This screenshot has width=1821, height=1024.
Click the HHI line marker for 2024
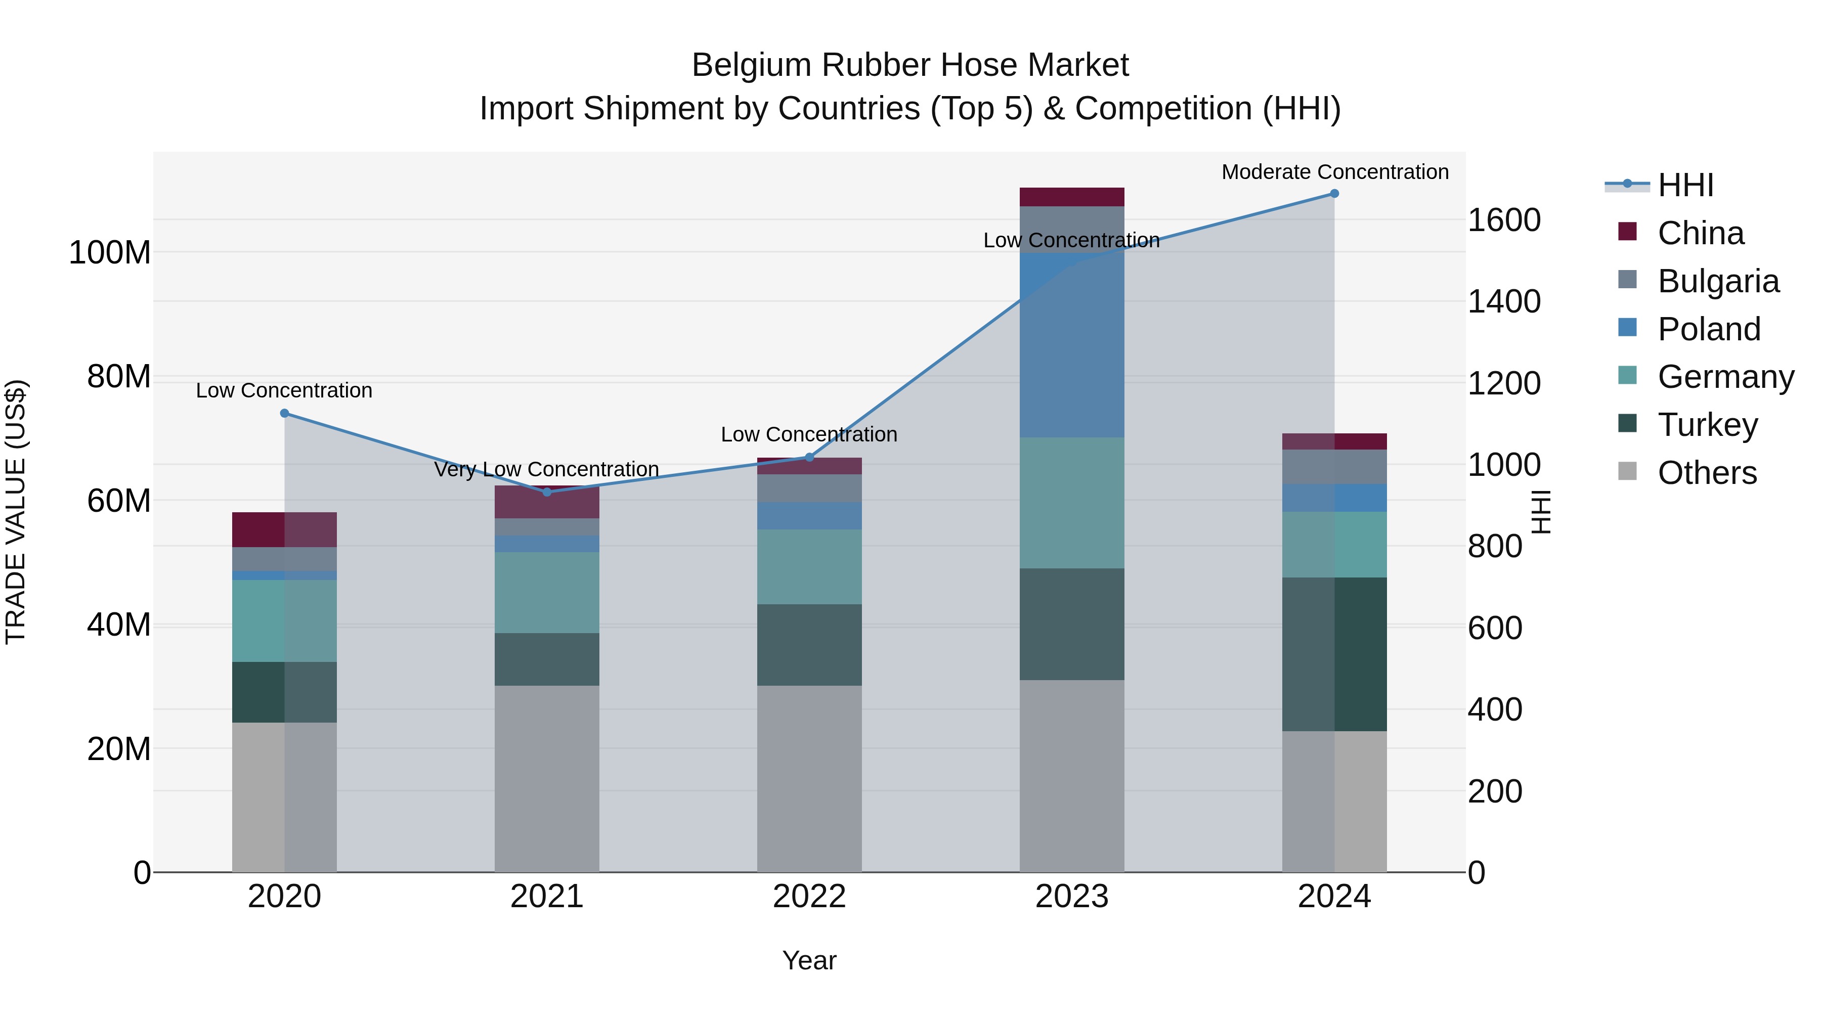click(1334, 194)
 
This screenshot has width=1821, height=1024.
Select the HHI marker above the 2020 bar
click(285, 414)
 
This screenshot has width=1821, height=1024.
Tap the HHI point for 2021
click(546, 492)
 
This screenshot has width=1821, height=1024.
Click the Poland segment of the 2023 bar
click(1072, 346)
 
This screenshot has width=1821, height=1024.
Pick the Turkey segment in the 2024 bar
click(1334, 654)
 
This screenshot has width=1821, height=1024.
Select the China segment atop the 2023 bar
click(1072, 197)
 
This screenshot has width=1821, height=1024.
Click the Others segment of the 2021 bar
click(546, 777)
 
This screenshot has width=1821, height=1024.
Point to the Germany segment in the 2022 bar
click(809, 567)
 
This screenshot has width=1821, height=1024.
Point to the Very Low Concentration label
click(546, 469)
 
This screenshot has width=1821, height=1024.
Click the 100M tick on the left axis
click(110, 252)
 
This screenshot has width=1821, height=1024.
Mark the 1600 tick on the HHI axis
click(1504, 220)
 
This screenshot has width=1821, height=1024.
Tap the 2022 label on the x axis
click(809, 897)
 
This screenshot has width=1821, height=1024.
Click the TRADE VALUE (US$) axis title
click(16, 512)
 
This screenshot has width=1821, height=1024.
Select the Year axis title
click(809, 960)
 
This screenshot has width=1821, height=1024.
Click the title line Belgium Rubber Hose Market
click(910, 65)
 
